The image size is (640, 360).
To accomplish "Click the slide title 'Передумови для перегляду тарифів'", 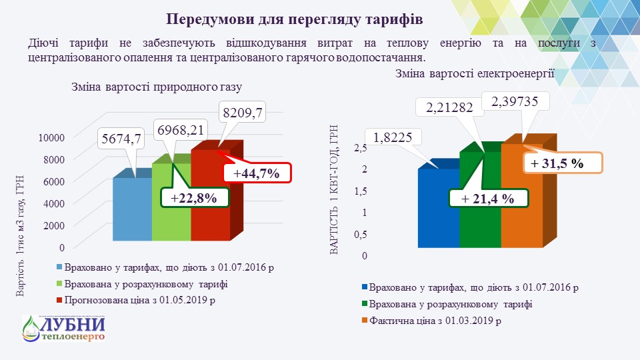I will [x=294, y=18].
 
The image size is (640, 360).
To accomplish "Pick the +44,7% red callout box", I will [x=255, y=173].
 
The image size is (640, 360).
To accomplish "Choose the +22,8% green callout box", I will [x=195, y=198].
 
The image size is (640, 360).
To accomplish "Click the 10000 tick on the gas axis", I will [x=51, y=137].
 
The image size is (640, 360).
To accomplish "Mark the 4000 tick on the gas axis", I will [x=54, y=203].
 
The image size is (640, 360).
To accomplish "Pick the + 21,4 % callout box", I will [x=488, y=198].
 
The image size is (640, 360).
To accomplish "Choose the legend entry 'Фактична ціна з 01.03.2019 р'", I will [x=436, y=321].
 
